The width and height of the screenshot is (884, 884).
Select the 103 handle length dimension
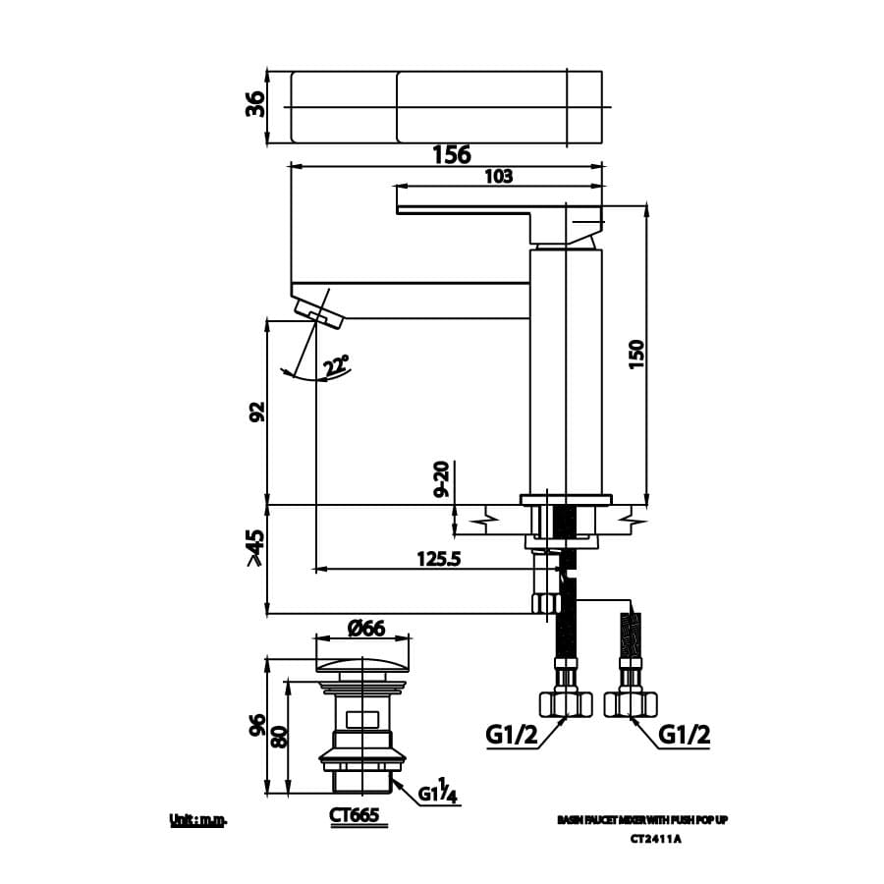pos(499,176)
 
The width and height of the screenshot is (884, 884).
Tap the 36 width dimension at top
pos(254,104)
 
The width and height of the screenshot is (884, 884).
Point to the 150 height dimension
pos(635,354)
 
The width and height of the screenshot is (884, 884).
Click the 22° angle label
pos(337,365)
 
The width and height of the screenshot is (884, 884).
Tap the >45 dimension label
pos(255,548)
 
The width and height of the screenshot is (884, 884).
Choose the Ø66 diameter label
pos(365,629)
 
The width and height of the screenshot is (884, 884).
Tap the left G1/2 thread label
pos(512,734)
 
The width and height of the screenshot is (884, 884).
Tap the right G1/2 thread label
pos(685,734)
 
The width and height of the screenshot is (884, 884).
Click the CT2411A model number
pos(655,838)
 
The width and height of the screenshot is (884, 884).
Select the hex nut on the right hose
pos(630,703)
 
